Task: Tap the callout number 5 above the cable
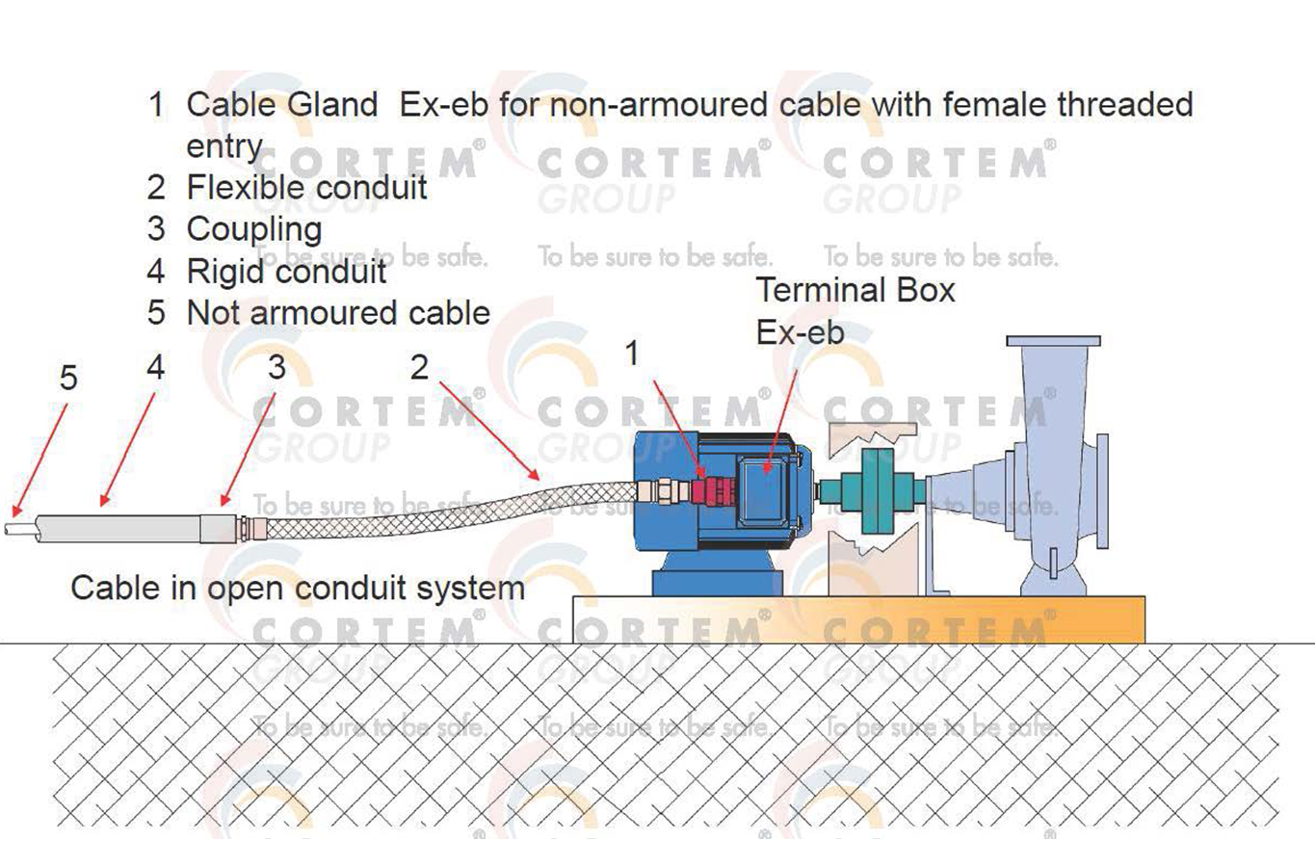click(x=67, y=377)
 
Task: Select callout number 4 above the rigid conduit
click(x=155, y=367)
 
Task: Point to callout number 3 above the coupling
click(x=276, y=367)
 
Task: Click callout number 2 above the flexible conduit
click(x=419, y=367)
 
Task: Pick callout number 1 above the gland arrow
click(x=632, y=354)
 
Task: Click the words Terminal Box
click(x=855, y=290)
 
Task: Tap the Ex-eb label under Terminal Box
click(x=800, y=332)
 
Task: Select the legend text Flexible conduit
click(x=306, y=187)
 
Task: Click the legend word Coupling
click(x=254, y=229)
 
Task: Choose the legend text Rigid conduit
click(x=286, y=272)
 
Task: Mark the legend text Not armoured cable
click(x=338, y=313)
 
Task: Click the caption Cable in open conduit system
click(x=298, y=588)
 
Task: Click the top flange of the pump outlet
click(x=1053, y=341)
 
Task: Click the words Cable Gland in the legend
click(x=281, y=104)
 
